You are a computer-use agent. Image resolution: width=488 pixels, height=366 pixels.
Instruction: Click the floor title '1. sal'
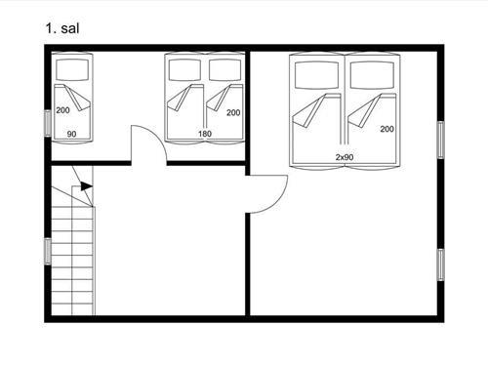tap(62, 28)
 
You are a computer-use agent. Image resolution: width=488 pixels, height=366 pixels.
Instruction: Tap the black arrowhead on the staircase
tap(87, 186)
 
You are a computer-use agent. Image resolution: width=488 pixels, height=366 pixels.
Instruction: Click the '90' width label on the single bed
tap(71, 134)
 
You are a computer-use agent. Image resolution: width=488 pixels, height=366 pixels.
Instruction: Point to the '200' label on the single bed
tap(62, 110)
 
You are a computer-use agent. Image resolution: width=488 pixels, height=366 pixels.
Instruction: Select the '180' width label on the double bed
tap(205, 134)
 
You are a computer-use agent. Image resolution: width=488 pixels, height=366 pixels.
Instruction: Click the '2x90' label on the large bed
tap(345, 157)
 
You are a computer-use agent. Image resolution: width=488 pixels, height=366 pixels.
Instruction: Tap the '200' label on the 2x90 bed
tap(387, 129)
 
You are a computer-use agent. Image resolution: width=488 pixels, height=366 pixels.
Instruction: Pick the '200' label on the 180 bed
tap(233, 112)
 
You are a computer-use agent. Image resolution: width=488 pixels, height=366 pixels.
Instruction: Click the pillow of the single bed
tap(72, 69)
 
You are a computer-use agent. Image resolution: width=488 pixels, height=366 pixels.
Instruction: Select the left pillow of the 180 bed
tap(184, 70)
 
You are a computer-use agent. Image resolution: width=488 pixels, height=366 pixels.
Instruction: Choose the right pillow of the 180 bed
tap(225, 70)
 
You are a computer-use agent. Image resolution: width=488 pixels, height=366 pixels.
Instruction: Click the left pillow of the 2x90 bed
tap(316, 75)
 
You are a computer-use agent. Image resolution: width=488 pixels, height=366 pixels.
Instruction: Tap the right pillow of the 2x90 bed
tap(372, 75)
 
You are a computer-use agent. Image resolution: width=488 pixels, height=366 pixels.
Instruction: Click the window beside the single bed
tap(48, 123)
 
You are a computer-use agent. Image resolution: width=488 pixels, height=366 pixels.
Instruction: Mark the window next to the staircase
tap(48, 251)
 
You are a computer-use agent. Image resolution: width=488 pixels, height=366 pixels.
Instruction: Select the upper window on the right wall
tap(440, 140)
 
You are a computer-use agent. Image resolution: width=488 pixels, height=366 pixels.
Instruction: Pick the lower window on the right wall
tap(440, 264)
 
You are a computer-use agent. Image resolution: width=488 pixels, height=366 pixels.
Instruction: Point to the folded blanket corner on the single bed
tap(78, 98)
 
